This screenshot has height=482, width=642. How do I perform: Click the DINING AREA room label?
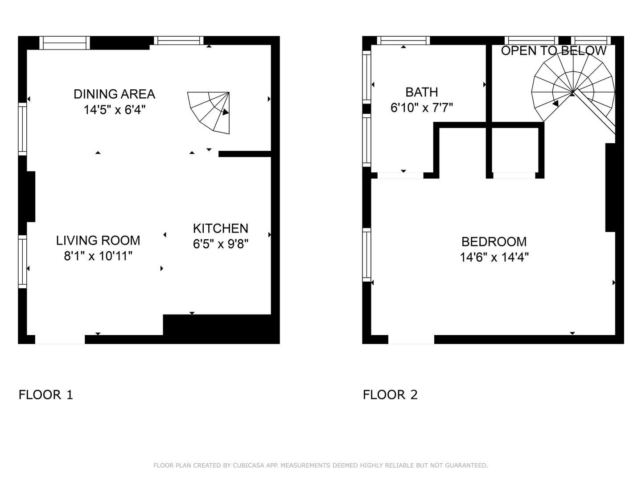(x=115, y=94)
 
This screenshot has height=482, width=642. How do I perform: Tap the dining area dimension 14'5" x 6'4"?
(x=115, y=110)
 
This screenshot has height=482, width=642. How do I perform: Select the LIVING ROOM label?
(x=98, y=241)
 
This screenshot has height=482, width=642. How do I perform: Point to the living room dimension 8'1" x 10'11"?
(x=98, y=256)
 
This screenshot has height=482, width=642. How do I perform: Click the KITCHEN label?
(x=221, y=228)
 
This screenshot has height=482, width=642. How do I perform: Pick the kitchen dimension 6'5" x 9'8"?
(x=221, y=244)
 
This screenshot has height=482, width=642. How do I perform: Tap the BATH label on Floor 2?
(x=421, y=92)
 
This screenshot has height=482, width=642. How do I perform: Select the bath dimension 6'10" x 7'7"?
(x=421, y=108)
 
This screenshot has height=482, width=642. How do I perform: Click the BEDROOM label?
(x=494, y=242)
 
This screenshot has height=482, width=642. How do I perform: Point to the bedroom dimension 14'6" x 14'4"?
(x=494, y=257)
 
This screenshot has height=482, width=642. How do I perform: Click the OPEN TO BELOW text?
(x=553, y=50)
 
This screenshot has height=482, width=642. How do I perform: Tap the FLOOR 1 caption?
(x=45, y=395)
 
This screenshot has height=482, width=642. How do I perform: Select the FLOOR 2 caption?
(x=390, y=395)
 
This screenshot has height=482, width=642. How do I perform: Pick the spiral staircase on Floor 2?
(x=573, y=88)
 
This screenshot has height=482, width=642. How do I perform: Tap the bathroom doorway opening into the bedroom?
(x=400, y=175)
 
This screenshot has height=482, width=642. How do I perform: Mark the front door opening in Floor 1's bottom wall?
(x=60, y=340)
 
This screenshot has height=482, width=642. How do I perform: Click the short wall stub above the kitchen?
(x=245, y=154)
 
